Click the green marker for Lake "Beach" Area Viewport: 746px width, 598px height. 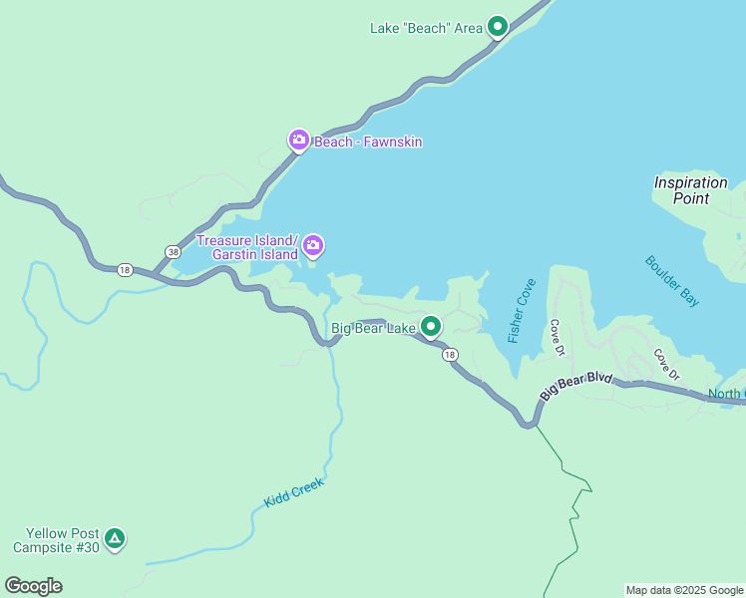point(498,27)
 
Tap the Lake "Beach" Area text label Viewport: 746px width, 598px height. point(426,28)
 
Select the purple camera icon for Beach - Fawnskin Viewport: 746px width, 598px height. point(298,141)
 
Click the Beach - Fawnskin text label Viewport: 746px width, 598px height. point(368,142)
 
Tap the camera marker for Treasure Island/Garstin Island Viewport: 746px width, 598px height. point(313,245)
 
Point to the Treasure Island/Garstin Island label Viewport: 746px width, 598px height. point(247,247)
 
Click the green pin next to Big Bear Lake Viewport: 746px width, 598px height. point(431,326)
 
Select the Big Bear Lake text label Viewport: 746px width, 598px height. point(373,328)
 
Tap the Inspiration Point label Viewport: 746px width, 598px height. point(690,190)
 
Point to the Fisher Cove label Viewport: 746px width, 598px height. point(521,311)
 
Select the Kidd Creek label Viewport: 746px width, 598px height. point(294,492)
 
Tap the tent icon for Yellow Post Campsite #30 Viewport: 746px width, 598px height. point(115,539)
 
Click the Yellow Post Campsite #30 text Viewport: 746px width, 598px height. point(57,540)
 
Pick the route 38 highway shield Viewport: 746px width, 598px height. point(174,252)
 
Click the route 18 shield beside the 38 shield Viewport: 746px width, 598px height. point(125,269)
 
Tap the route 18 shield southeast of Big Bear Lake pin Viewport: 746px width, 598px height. point(450,355)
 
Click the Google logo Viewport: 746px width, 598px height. point(33,586)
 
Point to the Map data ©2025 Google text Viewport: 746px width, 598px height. point(684,590)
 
